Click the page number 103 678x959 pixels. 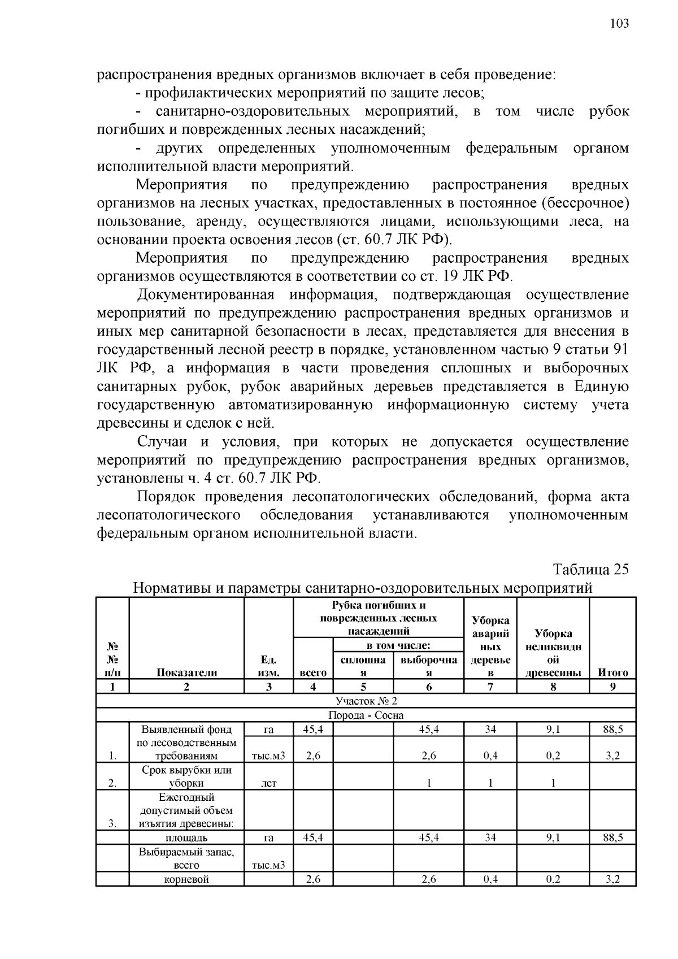619,23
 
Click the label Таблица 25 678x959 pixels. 590,569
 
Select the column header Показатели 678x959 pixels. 186,672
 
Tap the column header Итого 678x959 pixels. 613,672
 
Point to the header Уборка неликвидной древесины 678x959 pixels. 553,653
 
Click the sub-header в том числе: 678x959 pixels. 398,645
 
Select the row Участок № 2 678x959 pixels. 366,701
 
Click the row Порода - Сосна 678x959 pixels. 366,715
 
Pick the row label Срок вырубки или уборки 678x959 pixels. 186,776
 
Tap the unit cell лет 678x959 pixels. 268,784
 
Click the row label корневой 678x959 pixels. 186,879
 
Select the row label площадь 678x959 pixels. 186,838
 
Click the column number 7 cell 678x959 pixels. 490,687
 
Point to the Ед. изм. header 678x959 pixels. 268,666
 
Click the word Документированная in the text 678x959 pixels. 206,294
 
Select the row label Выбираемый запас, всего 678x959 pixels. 186,858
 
